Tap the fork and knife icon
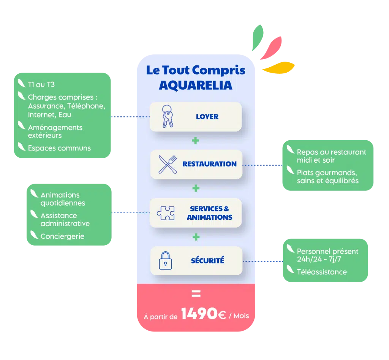(168, 164)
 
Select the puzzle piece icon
(166, 213)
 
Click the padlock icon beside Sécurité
(165, 261)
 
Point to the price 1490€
(203, 314)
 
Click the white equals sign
(196, 294)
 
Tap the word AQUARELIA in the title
(195, 85)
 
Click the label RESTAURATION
(209, 164)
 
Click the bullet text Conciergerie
(62, 236)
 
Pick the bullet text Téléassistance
(321, 272)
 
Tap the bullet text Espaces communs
(59, 148)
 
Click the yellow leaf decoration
(278, 68)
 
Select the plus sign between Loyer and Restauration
(196, 141)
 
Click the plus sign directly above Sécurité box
(196, 237)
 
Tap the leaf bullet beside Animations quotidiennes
(34, 194)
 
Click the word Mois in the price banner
(241, 316)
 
